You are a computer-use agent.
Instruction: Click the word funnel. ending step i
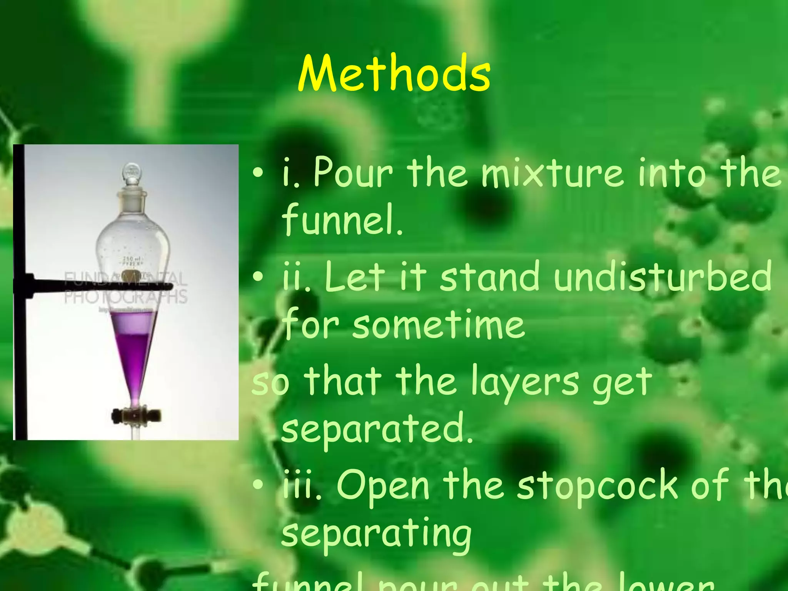342,220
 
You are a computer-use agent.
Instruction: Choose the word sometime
439,325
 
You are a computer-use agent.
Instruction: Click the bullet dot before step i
258,173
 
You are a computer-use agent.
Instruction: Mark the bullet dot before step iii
258,486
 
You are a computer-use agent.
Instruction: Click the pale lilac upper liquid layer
133,322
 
